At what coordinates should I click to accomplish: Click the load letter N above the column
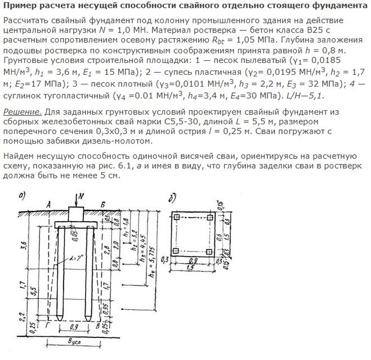(83, 196)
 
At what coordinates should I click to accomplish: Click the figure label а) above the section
(22, 195)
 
